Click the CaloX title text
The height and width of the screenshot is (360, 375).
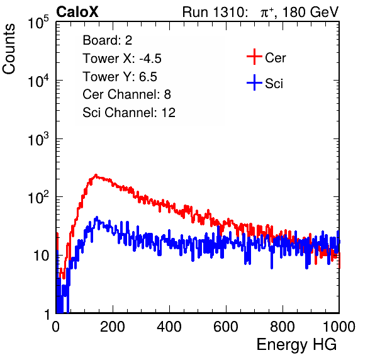(x=77, y=12)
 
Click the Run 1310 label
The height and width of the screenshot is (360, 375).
(x=215, y=12)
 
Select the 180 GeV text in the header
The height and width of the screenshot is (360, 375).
(x=310, y=12)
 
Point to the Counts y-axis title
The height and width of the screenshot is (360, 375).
(x=9, y=49)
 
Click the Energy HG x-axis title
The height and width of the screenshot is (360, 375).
(x=296, y=345)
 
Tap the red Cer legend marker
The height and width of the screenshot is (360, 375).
(x=254, y=57)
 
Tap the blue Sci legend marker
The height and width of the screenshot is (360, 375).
(x=254, y=82)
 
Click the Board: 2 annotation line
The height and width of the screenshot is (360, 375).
(x=108, y=40)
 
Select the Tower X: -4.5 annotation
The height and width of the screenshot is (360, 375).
(x=122, y=59)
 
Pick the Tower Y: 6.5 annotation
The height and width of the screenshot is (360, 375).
(x=120, y=77)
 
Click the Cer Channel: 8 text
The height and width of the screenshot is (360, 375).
(x=126, y=94)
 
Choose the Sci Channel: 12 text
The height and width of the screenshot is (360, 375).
(x=129, y=113)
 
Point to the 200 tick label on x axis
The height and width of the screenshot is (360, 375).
(x=113, y=327)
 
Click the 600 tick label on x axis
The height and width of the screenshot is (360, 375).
(x=226, y=327)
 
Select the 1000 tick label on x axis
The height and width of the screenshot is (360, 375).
(x=339, y=327)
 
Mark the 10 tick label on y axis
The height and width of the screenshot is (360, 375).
(x=42, y=256)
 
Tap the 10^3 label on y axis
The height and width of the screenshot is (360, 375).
(x=38, y=139)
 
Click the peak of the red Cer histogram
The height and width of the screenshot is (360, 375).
(x=96, y=175)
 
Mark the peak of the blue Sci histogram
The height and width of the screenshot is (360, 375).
(x=97, y=217)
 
